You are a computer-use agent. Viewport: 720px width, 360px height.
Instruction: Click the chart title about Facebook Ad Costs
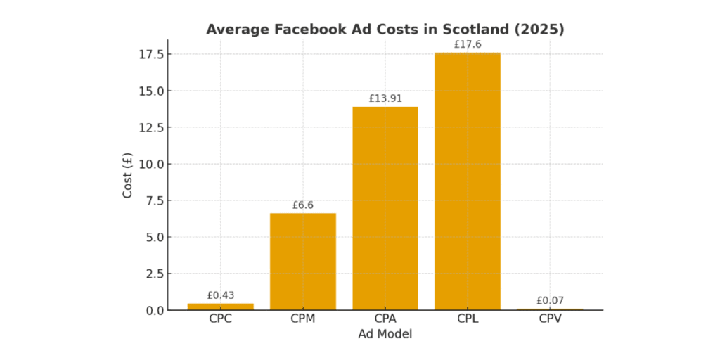pyautogui.click(x=385, y=30)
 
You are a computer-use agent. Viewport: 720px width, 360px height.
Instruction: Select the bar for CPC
pyautogui.click(x=221, y=307)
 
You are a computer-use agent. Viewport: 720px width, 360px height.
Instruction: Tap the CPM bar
pyautogui.click(x=303, y=262)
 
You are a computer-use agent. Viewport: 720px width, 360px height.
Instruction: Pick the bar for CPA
pyautogui.click(x=385, y=208)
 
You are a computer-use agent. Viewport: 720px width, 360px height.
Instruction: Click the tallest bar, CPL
pyautogui.click(x=468, y=181)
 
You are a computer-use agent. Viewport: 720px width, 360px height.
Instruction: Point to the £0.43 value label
pyautogui.click(x=221, y=296)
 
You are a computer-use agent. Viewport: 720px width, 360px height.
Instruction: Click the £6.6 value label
pyautogui.click(x=303, y=205)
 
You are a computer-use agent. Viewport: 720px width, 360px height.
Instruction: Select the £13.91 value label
pyautogui.click(x=385, y=98)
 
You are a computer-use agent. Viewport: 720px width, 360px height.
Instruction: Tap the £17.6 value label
pyautogui.click(x=468, y=44)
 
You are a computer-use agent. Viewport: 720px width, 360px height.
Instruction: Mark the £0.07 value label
pyautogui.click(x=550, y=301)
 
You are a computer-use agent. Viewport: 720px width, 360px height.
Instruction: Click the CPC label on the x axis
pyautogui.click(x=221, y=319)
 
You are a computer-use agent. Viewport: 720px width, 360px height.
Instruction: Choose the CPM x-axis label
pyautogui.click(x=303, y=319)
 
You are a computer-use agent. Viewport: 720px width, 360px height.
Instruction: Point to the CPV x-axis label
pyautogui.click(x=550, y=319)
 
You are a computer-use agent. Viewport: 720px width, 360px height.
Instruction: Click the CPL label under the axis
pyautogui.click(x=468, y=319)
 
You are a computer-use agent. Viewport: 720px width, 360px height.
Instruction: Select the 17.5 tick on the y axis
pyautogui.click(x=152, y=55)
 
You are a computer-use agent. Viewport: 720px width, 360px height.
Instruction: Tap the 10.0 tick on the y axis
pyautogui.click(x=152, y=164)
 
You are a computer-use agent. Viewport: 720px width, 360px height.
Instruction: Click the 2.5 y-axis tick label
pyautogui.click(x=155, y=274)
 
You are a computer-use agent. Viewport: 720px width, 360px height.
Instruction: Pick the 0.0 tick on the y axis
pyautogui.click(x=155, y=310)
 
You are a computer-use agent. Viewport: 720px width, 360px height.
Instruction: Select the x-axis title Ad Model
pyautogui.click(x=385, y=335)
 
